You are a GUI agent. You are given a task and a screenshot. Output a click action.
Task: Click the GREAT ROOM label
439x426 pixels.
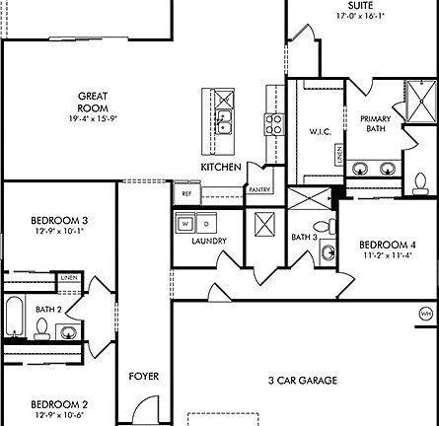click(94, 102)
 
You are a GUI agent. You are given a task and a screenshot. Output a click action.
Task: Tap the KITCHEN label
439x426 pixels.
click(220, 168)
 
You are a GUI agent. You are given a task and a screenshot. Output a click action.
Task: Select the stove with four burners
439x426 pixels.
click(272, 124)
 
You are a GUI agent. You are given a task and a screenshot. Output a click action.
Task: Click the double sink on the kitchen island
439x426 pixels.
click(224, 123)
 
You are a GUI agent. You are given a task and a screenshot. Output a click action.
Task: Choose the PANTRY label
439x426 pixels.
click(259, 189)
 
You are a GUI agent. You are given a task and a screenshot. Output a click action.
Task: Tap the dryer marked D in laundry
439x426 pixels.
click(206, 223)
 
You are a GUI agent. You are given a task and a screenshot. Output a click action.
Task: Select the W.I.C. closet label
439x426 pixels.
click(319, 130)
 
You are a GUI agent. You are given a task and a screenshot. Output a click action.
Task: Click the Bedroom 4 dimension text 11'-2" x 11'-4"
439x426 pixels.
click(380, 254)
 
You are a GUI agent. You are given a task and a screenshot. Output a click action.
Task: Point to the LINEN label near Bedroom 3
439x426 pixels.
click(68, 279)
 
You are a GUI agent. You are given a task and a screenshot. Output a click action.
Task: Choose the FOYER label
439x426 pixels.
click(144, 376)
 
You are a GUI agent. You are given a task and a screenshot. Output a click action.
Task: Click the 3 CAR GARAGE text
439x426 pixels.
click(302, 380)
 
